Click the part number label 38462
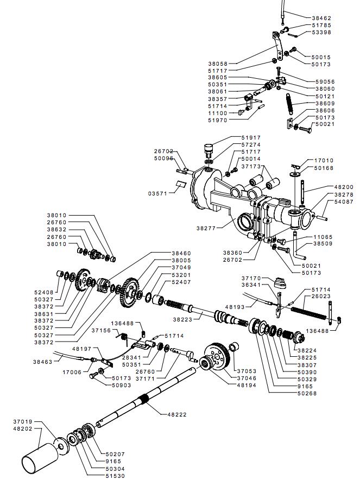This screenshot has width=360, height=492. click(321, 18)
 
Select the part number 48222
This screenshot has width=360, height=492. click(176, 414)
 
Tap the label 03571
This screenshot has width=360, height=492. click(157, 194)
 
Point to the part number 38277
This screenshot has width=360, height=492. click(206, 229)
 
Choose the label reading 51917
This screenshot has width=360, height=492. click(251, 137)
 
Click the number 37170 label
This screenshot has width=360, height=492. click(251, 279)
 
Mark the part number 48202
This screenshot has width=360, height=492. click(23, 428)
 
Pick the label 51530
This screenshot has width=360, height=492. click(115, 476)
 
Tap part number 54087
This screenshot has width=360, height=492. click(344, 202)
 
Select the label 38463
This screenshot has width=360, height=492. click(43, 362)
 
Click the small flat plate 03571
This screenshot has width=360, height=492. click(181, 184)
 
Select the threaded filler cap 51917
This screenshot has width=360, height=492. click(209, 150)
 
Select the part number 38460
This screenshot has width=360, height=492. click(181, 253)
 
